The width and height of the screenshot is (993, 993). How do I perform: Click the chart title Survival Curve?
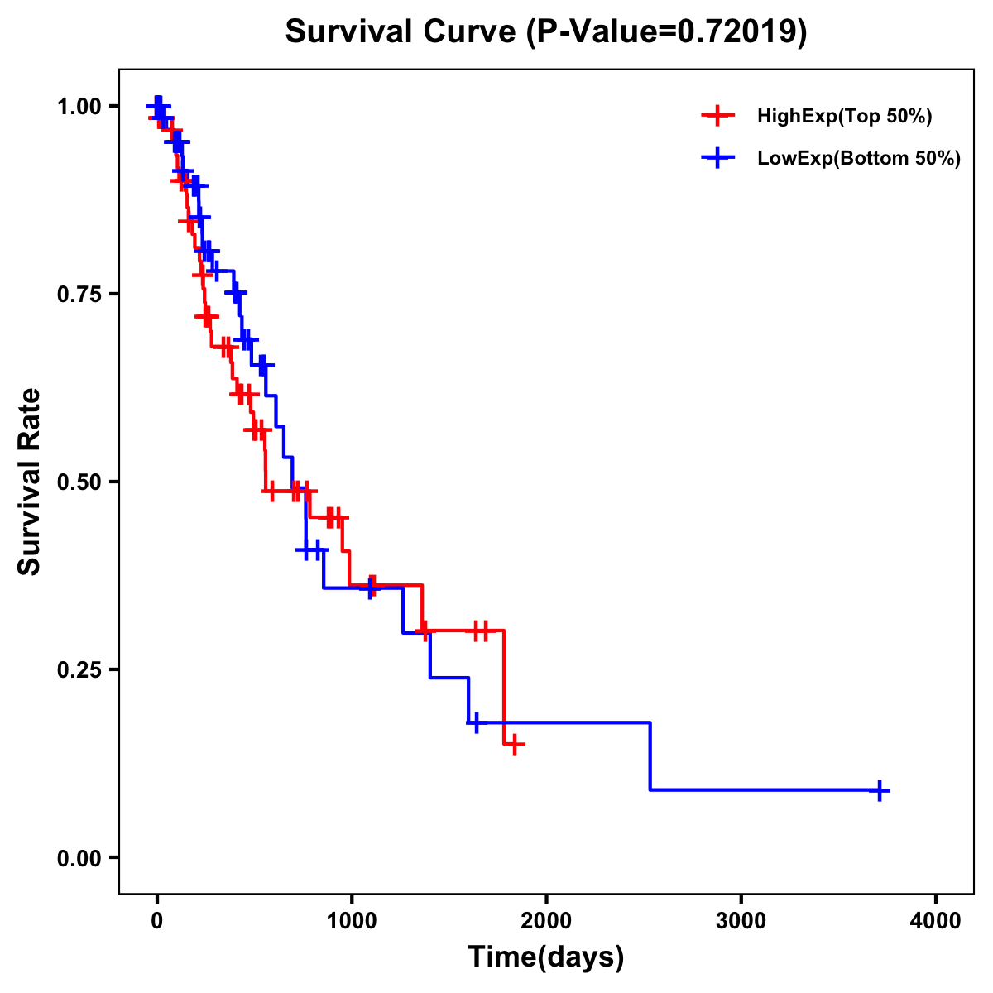click(405, 32)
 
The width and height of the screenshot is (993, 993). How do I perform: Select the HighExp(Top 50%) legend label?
click(845, 117)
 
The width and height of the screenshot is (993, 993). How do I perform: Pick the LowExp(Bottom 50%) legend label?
click(859, 159)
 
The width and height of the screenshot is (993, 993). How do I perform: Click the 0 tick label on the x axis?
click(156, 921)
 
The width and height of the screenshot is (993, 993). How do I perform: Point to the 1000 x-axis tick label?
click(351, 921)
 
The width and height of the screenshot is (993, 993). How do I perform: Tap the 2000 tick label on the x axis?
click(546, 921)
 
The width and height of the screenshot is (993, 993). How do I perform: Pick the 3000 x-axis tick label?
click(741, 921)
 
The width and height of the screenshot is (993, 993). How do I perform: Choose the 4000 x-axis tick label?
click(936, 921)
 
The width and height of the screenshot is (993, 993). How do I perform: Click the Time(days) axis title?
click(546, 957)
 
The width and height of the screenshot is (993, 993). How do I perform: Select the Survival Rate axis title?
click(31, 482)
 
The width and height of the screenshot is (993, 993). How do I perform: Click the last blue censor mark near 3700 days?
click(879, 790)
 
